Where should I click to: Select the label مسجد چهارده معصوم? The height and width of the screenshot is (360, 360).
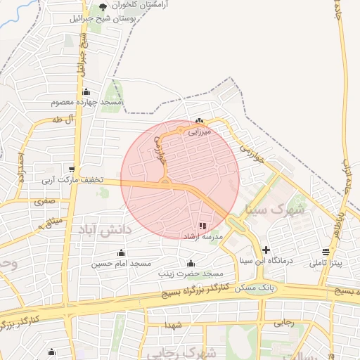(87, 103)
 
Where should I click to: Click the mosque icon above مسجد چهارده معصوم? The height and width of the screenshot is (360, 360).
(86, 92)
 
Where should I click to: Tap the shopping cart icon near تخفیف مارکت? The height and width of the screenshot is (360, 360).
(72, 169)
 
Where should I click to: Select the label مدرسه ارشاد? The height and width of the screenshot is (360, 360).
(202, 237)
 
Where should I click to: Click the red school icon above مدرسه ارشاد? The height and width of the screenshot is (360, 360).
(202, 226)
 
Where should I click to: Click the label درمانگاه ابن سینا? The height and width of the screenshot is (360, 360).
(265, 260)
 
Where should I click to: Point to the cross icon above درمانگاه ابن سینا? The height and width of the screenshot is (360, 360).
(266, 249)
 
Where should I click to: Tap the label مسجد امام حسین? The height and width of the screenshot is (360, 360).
(121, 264)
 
